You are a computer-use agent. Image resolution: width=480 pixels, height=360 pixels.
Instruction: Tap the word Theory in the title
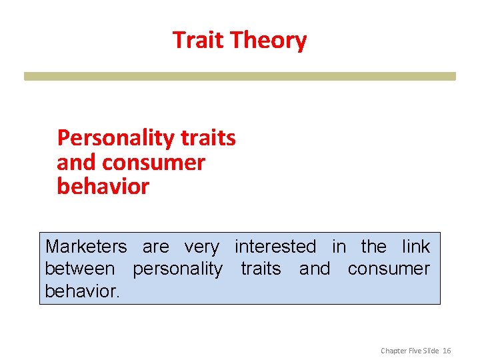(x=269, y=41)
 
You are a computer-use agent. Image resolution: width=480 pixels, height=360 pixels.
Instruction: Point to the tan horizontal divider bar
(x=240, y=76)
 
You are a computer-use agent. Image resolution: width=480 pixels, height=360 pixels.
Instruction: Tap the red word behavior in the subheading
(x=103, y=186)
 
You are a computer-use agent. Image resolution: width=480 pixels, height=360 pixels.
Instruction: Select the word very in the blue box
(x=201, y=247)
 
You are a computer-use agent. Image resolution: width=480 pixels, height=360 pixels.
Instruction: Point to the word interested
(x=275, y=247)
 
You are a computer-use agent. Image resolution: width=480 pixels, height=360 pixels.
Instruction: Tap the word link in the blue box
(x=416, y=247)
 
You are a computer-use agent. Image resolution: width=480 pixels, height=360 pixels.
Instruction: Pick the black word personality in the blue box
(x=178, y=269)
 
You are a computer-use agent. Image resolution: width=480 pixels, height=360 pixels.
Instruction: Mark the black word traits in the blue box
(x=261, y=269)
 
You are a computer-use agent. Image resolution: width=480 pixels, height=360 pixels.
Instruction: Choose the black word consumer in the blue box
(x=389, y=269)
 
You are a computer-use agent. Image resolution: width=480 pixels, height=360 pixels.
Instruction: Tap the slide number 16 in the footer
(x=447, y=350)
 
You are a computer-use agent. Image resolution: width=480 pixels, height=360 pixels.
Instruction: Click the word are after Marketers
(x=156, y=247)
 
